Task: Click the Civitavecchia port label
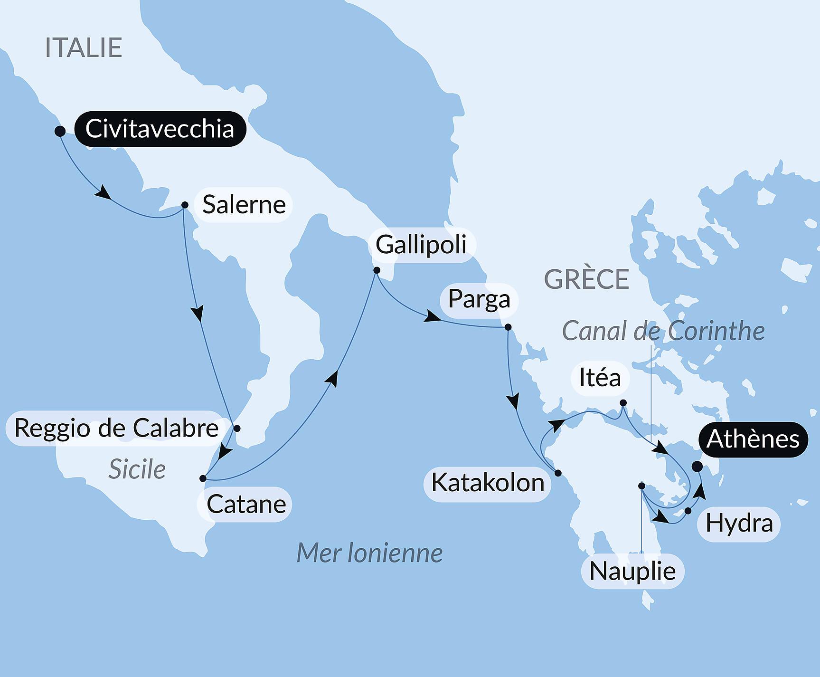[x=160, y=129]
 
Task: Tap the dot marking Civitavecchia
[x=60, y=131]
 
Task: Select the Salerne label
[x=244, y=205]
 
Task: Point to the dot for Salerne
[x=185, y=205]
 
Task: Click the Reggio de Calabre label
[x=116, y=428]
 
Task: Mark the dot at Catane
[x=203, y=478]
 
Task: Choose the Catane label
[x=246, y=504]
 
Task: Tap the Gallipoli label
[x=421, y=245]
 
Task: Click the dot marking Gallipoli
[x=377, y=270]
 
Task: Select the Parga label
[x=479, y=300]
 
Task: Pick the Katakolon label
[x=488, y=483]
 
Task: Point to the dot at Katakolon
[x=558, y=473]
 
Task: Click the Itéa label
[x=600, y=378]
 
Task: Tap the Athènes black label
[x=753, y=439]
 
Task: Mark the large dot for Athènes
[x=697, y=467]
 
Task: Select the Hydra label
[x=739, y=524]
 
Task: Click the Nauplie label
[x=632, y=571]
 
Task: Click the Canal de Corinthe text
[x=663, y=331]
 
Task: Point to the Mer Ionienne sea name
[x=369, y=553]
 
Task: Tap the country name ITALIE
[x=84, y=48]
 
